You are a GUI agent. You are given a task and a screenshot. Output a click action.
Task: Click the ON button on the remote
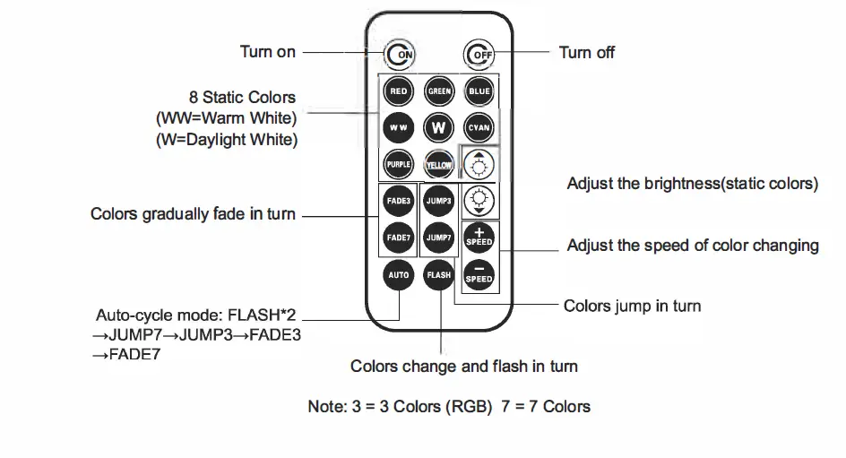tap(400, 55)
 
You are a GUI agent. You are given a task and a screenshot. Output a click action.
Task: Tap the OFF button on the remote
tap(479, 55)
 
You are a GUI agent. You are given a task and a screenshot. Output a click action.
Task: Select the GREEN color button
tap(439, 91)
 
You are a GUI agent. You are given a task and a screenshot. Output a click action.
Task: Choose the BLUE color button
tap(479, 91)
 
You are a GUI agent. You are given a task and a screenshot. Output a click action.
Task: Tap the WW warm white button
tap(399, 127)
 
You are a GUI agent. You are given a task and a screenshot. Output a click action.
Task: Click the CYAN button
tap(479, 127)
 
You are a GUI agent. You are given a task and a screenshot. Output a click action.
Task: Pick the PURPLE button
tap(399, 165)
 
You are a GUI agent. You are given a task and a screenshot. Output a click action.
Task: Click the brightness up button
tap(479, 164)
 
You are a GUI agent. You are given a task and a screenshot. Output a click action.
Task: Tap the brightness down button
tap(479, 200)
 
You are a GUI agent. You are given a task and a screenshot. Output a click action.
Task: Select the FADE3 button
tap(399, 201)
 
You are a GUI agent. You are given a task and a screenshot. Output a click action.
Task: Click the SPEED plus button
tap(479, 237)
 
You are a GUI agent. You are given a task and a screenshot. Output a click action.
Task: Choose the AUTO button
tap(399, 274)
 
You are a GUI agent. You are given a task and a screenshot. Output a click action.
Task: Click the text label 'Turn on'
tap(267, 52)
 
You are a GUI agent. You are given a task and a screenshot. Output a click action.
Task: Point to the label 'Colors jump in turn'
tap(632, 307)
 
